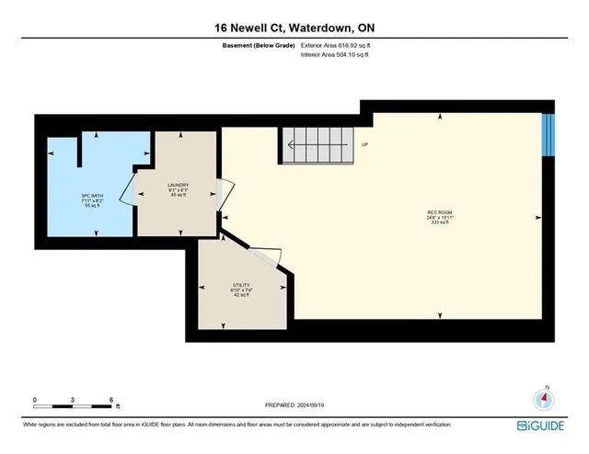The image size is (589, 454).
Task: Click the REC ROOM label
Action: [438, 213]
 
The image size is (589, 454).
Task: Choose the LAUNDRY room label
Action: [178, 186]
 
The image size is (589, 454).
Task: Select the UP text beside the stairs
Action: [365, 144]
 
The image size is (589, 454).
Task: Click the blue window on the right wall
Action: [548, 135]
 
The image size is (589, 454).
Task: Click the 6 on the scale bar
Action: [110, 400]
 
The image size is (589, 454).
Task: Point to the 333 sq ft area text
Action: [438, 223]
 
